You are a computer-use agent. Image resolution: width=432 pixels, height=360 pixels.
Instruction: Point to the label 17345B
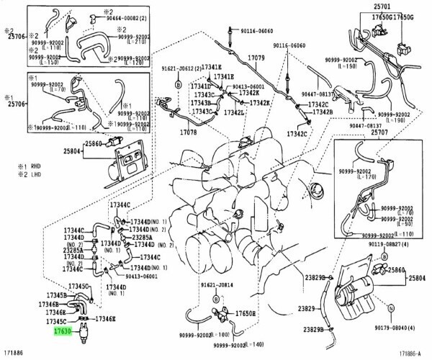pos(57,295)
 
